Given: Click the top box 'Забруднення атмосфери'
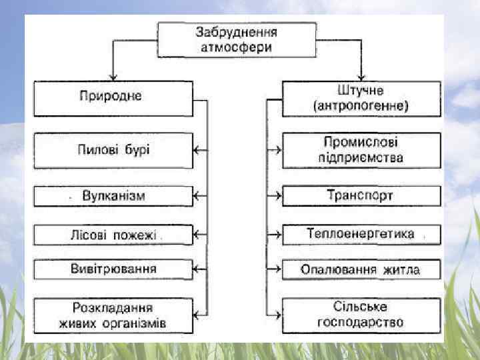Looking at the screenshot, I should (x=237, y=39).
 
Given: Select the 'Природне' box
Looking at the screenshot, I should (x=113, y=97).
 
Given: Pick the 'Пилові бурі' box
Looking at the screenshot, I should (x=113, y=149).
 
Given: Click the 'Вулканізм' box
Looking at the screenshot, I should (x=113, y=196).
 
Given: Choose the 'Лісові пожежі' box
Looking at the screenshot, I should (x=113, y=235).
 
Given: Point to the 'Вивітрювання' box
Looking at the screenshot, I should (x=113, y=269).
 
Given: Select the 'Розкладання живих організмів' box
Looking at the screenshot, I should (x=113, y=316).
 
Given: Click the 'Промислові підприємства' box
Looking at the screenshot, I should (x=361, y=150).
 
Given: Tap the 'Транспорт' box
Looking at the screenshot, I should (x=361, y=196).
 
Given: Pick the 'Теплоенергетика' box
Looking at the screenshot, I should (x=361, y=235).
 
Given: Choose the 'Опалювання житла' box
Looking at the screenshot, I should (x=361, y=270).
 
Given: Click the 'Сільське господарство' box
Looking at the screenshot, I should (x=361, y=315).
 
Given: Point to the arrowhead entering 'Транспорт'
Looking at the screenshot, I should (x=278, y=196).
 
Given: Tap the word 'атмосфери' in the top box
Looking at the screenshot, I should (x=237, y=47).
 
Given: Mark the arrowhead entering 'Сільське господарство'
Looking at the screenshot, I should (x=278, y=315).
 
